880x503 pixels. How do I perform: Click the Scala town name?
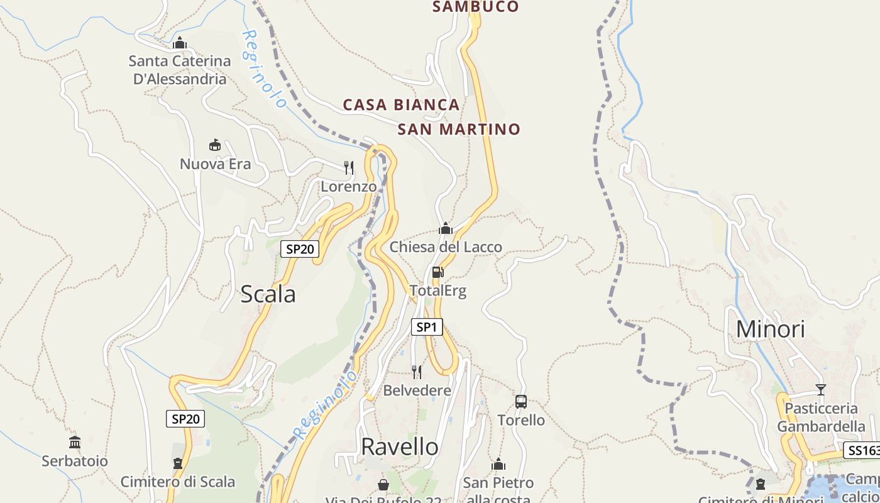pyautogui.click(x=268, y=294)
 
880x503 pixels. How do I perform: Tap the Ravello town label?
pyautogui.click(x=400, y=446)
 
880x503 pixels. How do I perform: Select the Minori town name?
pyautogui.click(x=770, y=329)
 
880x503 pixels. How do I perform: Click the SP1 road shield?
pyautogui.click(x=427, y=327)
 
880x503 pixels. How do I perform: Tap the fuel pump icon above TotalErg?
pyautogui.click(x=438, y=272)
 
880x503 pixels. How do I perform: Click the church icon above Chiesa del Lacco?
pyautogui.click(x=446, y=228)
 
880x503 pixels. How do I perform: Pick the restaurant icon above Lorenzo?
pyautogui.click(x=349, y=167)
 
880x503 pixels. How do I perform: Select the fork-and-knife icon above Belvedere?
pyautogui.click(x=417, y=372)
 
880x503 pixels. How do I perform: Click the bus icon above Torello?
pyautogui.click(x=521, y=401)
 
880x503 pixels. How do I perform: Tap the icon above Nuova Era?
pyautogui.click(x=215, y=145)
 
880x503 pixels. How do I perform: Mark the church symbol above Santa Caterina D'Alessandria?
pyautogui.click(x=180, y=43)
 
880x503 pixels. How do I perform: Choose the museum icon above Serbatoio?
pyautogui.click(x=75, y=442)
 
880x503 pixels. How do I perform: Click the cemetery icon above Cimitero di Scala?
pyautogui.click(x=178, y=463)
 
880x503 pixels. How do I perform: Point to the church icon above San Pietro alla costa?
pyautogui.click(x=498, y=465)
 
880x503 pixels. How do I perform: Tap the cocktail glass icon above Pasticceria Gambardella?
pyautogui.click(x=820, y=390)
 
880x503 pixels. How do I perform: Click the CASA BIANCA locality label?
pyautogui.click(x=401, y=105)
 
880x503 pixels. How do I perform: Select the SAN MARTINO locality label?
pyautogui.click(x=459, y=130)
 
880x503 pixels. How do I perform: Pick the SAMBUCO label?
pyautogui.click(x=476, y=7)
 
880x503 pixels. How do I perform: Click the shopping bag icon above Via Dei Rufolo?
pyautogui.click(x=383, y=485)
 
